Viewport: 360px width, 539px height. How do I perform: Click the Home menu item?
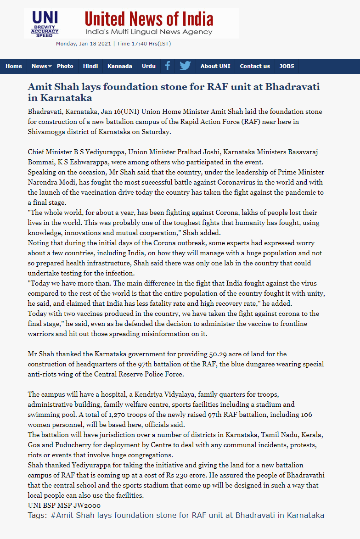[x=14, y=66]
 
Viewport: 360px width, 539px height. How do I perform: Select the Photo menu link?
[x=65, y=66]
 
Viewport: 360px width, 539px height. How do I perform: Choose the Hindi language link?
[x=90, y=66]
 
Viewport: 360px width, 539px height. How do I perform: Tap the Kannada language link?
[x=120, y=66]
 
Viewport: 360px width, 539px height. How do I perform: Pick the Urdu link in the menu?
[x=149, y=66]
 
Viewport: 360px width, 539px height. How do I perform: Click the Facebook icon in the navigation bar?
[x=168, y=66]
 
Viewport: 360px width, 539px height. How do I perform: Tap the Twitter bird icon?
[x=185, y=66]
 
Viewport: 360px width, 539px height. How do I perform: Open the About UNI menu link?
[x=215, y=66]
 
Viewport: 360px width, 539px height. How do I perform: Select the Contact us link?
[x=255, y=66]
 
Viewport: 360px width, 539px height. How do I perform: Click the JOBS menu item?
[x=287, y=66]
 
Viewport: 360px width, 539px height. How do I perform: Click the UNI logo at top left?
[x=45, y=23]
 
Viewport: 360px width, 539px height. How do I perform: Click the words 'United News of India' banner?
[x=149, y=19]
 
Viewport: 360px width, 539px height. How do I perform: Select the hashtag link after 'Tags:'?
[x=187, y=515]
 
